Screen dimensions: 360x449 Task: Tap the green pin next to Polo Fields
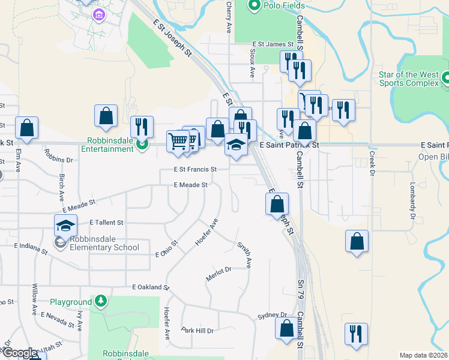[x=254, y=6]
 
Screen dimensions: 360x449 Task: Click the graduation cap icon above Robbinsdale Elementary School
[x=66, y=226]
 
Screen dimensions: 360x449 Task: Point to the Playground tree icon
[x=102, y=301]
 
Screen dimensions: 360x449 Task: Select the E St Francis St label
[x=194, y=170]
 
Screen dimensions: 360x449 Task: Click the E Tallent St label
[x=106, y=222]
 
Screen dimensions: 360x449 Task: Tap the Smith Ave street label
[x=244, y=254]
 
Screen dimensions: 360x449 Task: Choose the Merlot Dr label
[x=219, y=271]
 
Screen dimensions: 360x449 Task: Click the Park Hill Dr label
[x=197, y=331]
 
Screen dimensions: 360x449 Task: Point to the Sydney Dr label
[x=272, y=315]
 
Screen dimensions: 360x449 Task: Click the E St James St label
[x=273, y=44]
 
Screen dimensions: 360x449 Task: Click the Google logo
[x=19, y=353]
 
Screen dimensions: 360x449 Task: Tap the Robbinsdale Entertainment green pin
[x=142, y=144]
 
